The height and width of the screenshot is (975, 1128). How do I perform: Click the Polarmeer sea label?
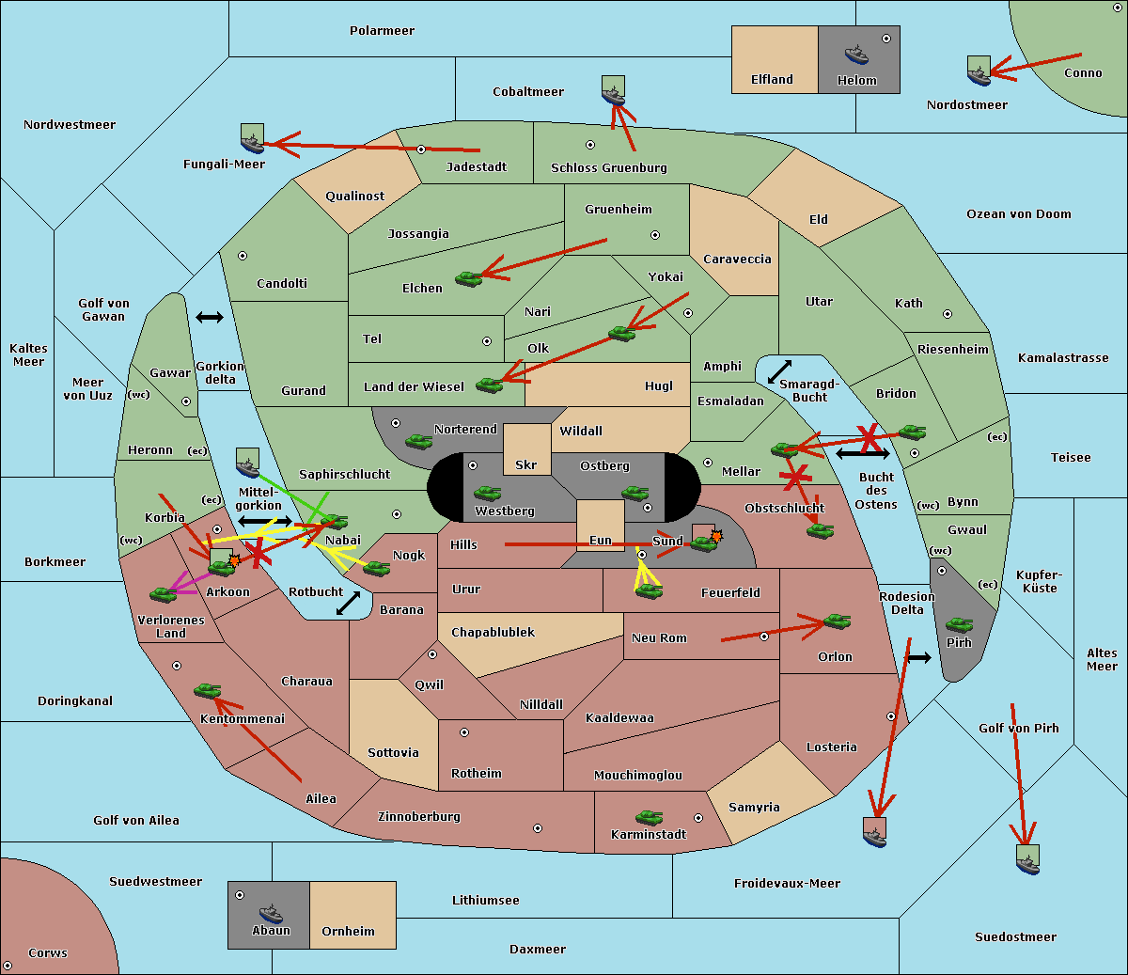(382, 31)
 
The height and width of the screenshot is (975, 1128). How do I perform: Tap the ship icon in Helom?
(856, 54)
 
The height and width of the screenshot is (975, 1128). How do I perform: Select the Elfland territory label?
(772, 80)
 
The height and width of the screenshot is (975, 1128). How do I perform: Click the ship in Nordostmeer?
(979, 71)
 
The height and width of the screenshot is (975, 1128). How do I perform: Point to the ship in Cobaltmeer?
(613, 90)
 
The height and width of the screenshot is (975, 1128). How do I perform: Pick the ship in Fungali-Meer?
(252, 139)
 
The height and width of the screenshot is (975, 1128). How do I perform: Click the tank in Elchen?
(468, 278)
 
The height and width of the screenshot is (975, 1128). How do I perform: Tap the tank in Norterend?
(418, 441)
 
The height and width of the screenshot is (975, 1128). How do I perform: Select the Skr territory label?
(526, 465)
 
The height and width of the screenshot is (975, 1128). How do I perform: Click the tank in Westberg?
(487, 493)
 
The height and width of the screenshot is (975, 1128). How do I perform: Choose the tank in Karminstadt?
(649, 817)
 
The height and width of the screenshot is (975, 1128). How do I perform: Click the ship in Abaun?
(271, 912)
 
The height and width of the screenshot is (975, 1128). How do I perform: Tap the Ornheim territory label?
(348, 932)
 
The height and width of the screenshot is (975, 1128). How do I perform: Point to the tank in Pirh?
(959, 624)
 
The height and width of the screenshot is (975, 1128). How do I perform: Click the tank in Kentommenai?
(207, 691)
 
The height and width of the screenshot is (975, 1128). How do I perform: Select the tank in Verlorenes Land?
(163, 594)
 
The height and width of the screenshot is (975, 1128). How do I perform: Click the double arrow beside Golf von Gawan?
(209, 318)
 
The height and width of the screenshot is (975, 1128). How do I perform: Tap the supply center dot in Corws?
(8, 966)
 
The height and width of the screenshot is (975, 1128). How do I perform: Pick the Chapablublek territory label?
(493, 633)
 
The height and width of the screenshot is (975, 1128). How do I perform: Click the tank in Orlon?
(836, 621)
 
